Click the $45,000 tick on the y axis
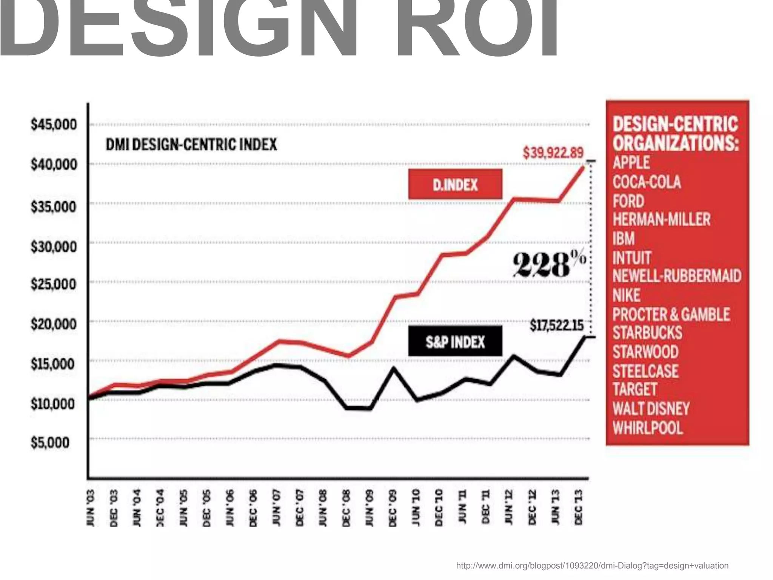54,124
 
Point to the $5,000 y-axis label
50,442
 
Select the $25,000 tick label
54,284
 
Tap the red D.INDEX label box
455,184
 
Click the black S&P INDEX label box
455,341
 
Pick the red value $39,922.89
553,153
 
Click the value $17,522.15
556,325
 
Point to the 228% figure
549,264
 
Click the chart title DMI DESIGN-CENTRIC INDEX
191,144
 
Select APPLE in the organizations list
631,163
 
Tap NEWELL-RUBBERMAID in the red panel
677,276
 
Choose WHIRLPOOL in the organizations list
648,428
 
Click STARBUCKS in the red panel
647,333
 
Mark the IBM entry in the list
624,239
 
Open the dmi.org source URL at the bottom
592,566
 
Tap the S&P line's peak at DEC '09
393,367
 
